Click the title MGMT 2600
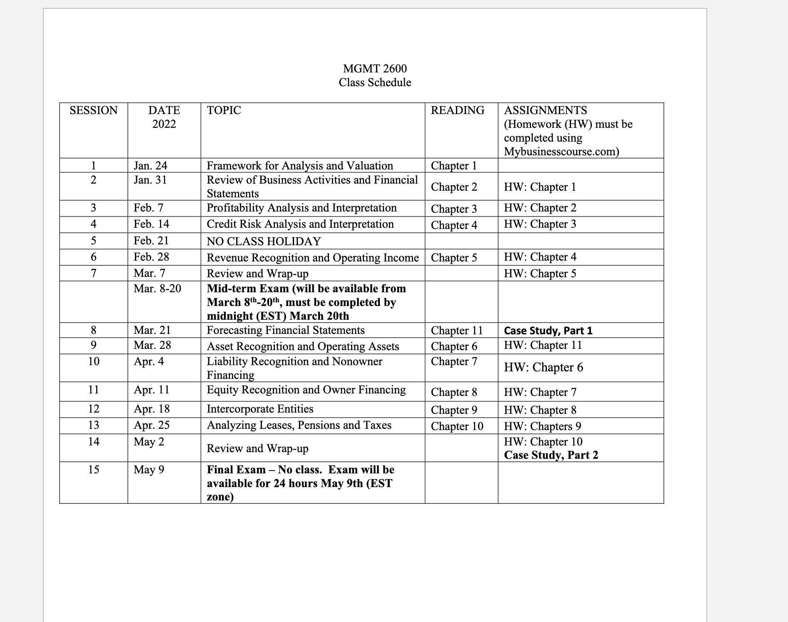click(375, 68)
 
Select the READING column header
click(457, 110)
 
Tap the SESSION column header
click(93, 110)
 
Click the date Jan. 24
click(150, 166)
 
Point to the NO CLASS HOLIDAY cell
click(264, 241)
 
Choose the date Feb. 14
click(151, 224)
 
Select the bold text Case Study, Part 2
click(551, 455)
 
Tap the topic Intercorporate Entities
click(260, 409)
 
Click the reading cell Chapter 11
click(457, 331)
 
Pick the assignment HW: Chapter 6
click(544, 367)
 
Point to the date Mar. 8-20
click(157, 289)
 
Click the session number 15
click(93, 470)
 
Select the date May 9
click(149, 470)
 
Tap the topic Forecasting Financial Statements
click(286, 330)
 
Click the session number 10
click(93, 361)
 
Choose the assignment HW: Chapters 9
click(542, 426)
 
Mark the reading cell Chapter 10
click(457, 426)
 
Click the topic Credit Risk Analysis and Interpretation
click(300, 224)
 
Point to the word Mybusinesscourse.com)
click(561, 152)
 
